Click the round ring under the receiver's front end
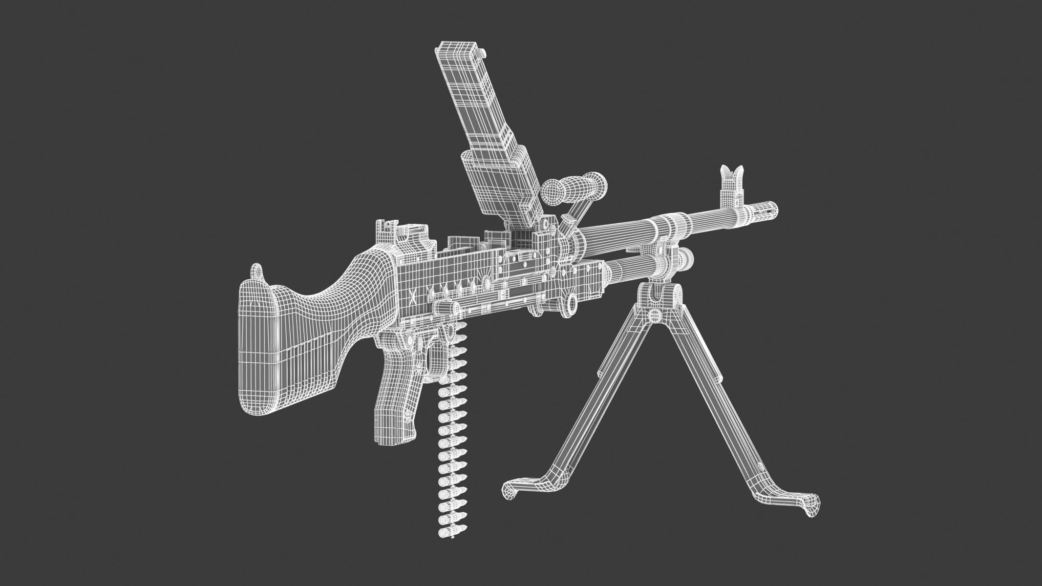coord(571,303)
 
